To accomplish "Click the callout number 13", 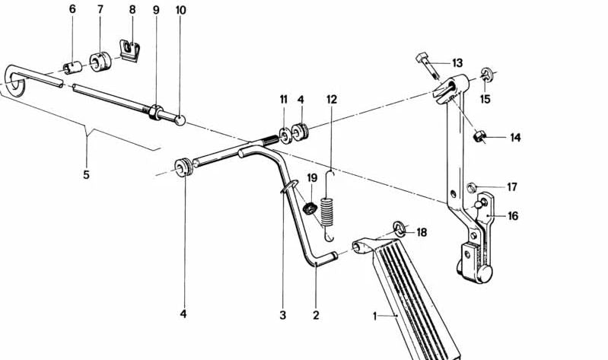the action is (x=457, y=63).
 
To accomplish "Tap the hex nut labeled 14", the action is (x=479, y=136).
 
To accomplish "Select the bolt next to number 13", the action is (x=428, y=66).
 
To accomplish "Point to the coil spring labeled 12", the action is (x=329, y=206).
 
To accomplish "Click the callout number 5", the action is (x=86, y=175).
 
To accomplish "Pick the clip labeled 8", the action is (x=130, y=51).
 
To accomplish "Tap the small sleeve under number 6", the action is (x=72, y=67).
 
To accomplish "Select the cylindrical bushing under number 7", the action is (x=100, y=62).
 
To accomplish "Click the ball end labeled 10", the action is (x=180, y=119).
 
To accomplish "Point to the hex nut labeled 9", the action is (x=156, y=112).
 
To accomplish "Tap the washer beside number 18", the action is (x=399, y=228).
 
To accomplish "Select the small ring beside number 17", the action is (x=471, y=188).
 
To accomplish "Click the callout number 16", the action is (x=513, y=216).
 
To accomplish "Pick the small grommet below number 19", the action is (x=310, y=209).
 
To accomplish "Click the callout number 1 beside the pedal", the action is (x=374, y=317).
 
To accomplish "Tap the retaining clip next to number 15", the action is (x=486, y=75).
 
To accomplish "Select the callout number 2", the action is (x=316, y=315).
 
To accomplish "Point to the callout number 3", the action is (x=282, y=315).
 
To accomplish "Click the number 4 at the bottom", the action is (x=183, y=314).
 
